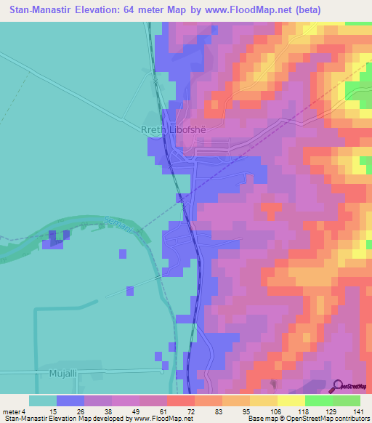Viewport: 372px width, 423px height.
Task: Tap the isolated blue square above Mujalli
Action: (x=130, y=291)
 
